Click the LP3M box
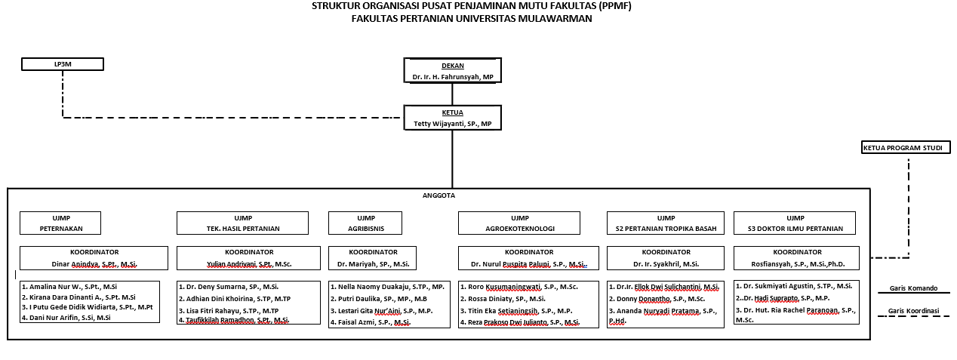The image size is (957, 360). point(62,64)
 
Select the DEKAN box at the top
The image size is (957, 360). point(452,71)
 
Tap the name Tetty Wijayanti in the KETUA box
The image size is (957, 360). point(452,123)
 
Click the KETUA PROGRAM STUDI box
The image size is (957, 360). point(906,148)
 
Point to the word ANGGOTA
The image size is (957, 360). point(438,195)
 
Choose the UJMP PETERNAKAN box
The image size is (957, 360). point(60,223)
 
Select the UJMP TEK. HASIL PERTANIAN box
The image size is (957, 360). point(242,223)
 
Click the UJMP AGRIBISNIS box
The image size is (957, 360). point(365,223)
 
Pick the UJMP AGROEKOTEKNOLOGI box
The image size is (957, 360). point(519,223)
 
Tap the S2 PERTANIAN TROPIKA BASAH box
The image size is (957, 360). point(666,223)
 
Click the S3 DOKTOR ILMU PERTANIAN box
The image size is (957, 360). point(795,223)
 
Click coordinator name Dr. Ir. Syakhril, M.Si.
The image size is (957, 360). point(666,264)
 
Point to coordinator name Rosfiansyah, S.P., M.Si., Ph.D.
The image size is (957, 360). point(795,264)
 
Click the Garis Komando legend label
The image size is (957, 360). point(912,288)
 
